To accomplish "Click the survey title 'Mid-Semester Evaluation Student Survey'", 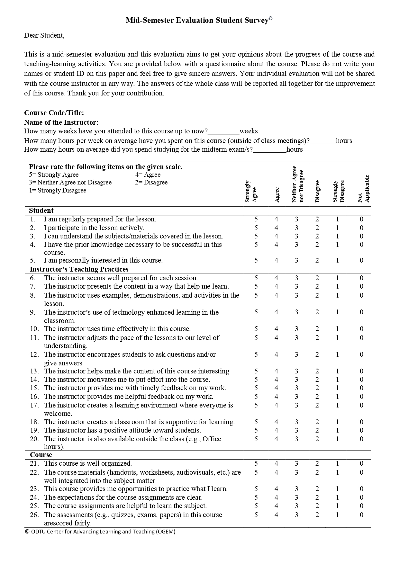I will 197,21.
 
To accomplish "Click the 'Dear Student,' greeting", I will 44,35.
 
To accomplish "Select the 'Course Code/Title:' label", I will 54,113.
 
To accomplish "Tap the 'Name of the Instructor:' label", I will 61,122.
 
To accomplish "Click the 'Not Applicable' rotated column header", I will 363,189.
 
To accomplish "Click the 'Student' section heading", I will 41,210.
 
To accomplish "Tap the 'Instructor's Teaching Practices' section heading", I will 79,269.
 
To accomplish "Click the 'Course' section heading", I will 41,455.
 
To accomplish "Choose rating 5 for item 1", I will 256,219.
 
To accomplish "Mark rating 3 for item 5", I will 296,260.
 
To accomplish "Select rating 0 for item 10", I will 361,329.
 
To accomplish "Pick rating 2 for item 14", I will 317,380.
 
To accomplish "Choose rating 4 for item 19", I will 276,430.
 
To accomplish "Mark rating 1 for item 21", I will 337,463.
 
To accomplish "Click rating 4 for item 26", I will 276,515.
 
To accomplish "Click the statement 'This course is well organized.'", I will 88,463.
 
